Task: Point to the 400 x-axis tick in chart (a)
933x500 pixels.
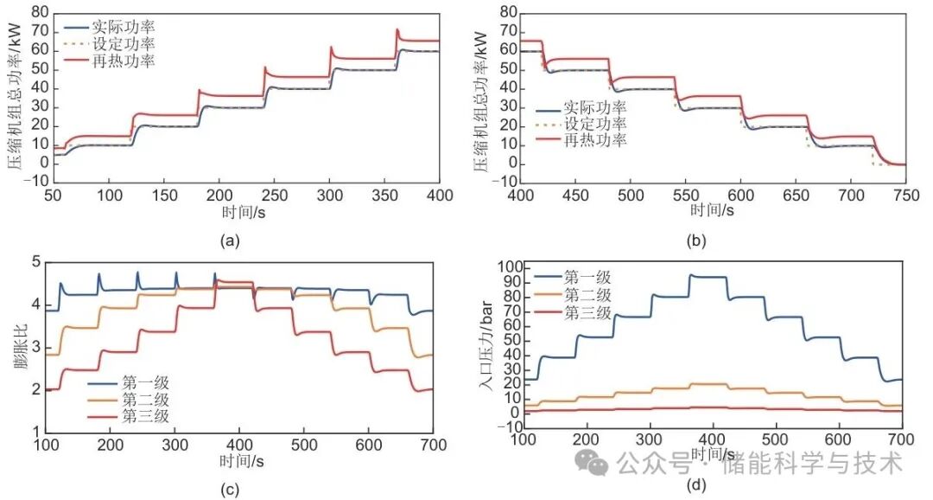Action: (441, 196)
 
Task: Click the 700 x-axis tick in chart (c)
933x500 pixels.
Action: (433, 445)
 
